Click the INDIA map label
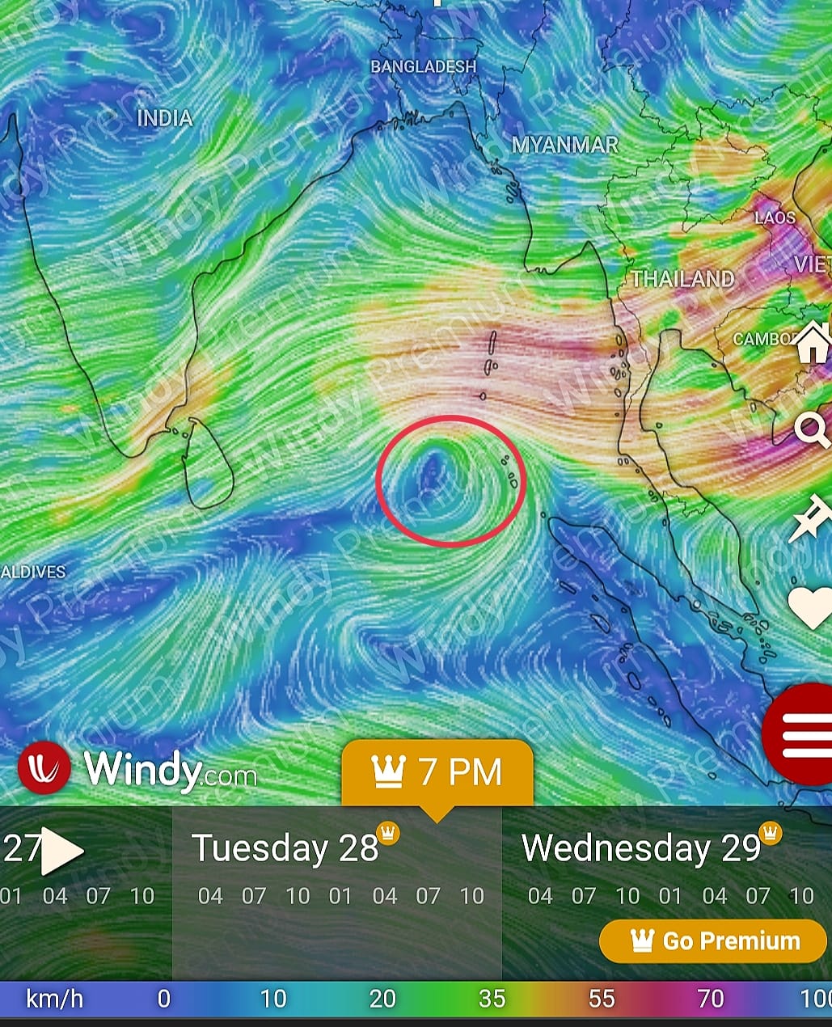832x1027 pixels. pos(165,118)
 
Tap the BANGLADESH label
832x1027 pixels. pos(423,66)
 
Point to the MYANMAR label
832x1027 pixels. pos(565,145)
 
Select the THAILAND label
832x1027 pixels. pos(683,279)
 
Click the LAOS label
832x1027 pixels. pos(775,218)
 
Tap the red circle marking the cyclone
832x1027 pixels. pos(451,481)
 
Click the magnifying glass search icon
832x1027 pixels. pos(811,429)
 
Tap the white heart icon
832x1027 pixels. pos(810,606)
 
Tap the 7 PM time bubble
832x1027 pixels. pos(437,772)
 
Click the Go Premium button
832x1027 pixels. pos(712,941)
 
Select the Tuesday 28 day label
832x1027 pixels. pos(285,848)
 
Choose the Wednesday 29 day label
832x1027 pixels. pos(641,848)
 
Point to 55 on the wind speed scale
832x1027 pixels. pos(601,999)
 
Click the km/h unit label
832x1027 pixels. pos(54,999)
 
